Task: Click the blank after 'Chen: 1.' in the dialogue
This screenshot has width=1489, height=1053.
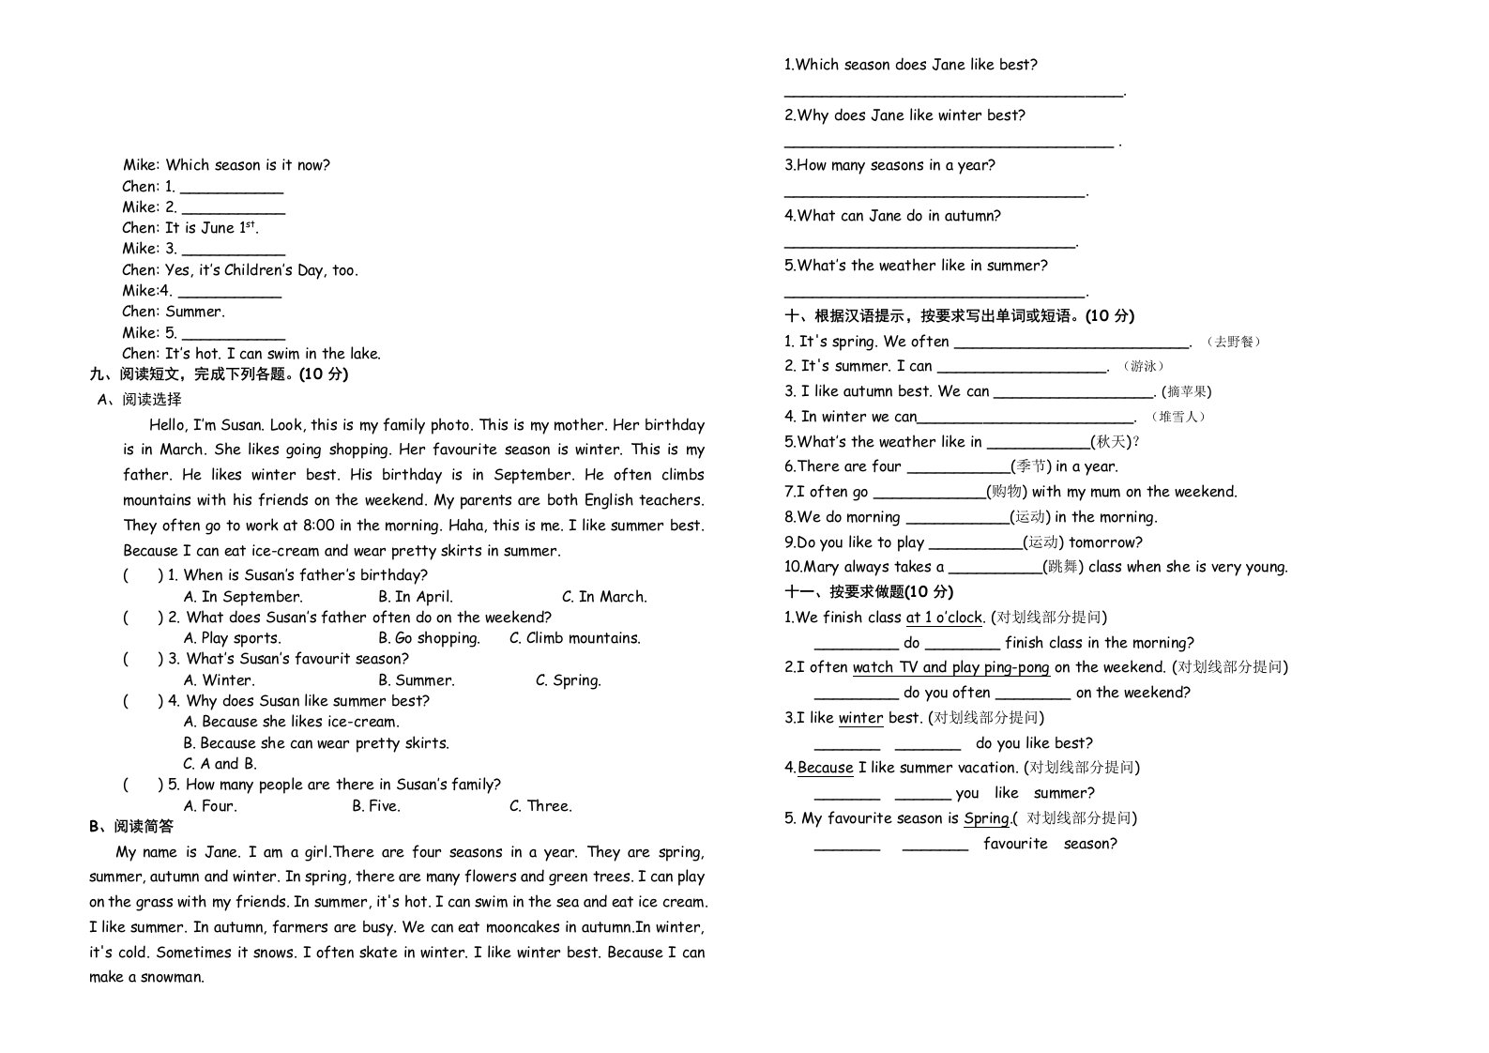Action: (231, 188)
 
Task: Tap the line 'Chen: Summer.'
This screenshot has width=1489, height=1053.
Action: (174, 312)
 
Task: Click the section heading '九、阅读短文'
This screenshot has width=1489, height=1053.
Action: (218, 374)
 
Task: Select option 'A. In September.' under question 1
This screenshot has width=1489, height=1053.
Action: (243, 597)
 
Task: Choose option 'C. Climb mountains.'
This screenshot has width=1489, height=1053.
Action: (575, 638)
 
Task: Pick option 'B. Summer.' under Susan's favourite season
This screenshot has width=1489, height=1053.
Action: (417, 680)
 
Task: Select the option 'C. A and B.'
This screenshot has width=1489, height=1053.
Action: (220, 764)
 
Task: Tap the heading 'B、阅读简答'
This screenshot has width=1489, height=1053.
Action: (131, 827)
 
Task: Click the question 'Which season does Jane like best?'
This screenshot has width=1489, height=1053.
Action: (911, 65)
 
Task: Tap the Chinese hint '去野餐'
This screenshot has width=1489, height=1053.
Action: (1233, 342)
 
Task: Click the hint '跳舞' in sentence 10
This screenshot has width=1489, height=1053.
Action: (1064, 567)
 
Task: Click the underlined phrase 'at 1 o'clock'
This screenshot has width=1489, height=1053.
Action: (944, 618)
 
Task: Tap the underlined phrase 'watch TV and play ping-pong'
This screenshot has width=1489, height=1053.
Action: (950, 667)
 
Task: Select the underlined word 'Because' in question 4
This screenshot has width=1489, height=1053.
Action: (825, 768)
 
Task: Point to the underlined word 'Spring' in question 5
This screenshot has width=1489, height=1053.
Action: (986, 818)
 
